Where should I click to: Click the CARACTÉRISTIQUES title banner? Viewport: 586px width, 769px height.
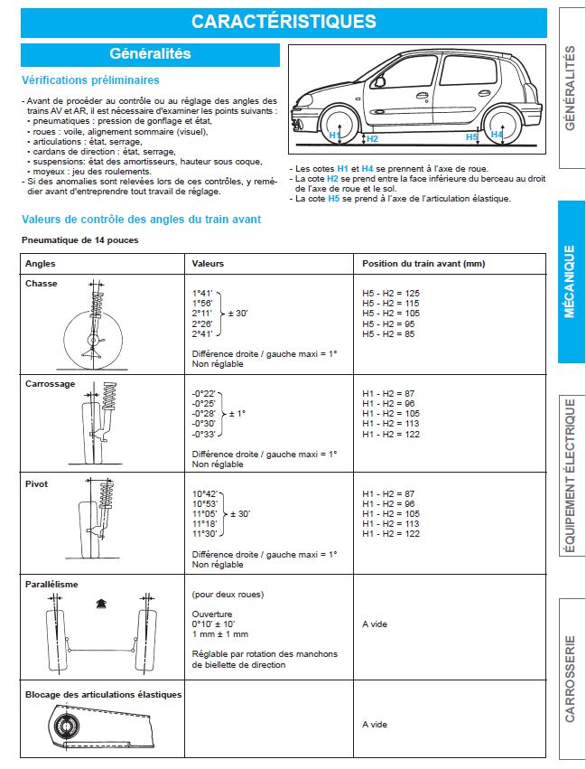(x=284, y=22)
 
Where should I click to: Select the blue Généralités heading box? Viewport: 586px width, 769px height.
(x=150, y=54)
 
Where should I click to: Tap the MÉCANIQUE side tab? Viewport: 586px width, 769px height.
(x=571, y=281)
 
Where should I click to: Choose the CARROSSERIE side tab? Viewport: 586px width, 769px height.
(x=571, y=678)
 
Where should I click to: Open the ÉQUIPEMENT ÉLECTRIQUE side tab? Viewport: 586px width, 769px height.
(x=571, y=475)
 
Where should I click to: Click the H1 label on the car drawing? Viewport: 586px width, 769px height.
(x=334, y=135)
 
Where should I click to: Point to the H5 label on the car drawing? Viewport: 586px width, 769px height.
(x=471, y=136)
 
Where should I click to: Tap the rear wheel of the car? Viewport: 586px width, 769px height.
(x=498, y=123)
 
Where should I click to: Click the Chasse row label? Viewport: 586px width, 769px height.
(x=42, y=284)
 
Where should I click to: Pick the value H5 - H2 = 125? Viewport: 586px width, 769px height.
(x=391, y=294)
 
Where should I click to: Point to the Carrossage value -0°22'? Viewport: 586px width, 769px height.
(x=204, y=393)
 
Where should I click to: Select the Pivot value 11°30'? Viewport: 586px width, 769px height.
(x=204, y=534)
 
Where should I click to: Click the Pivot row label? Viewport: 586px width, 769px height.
(x=36, y=484)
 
